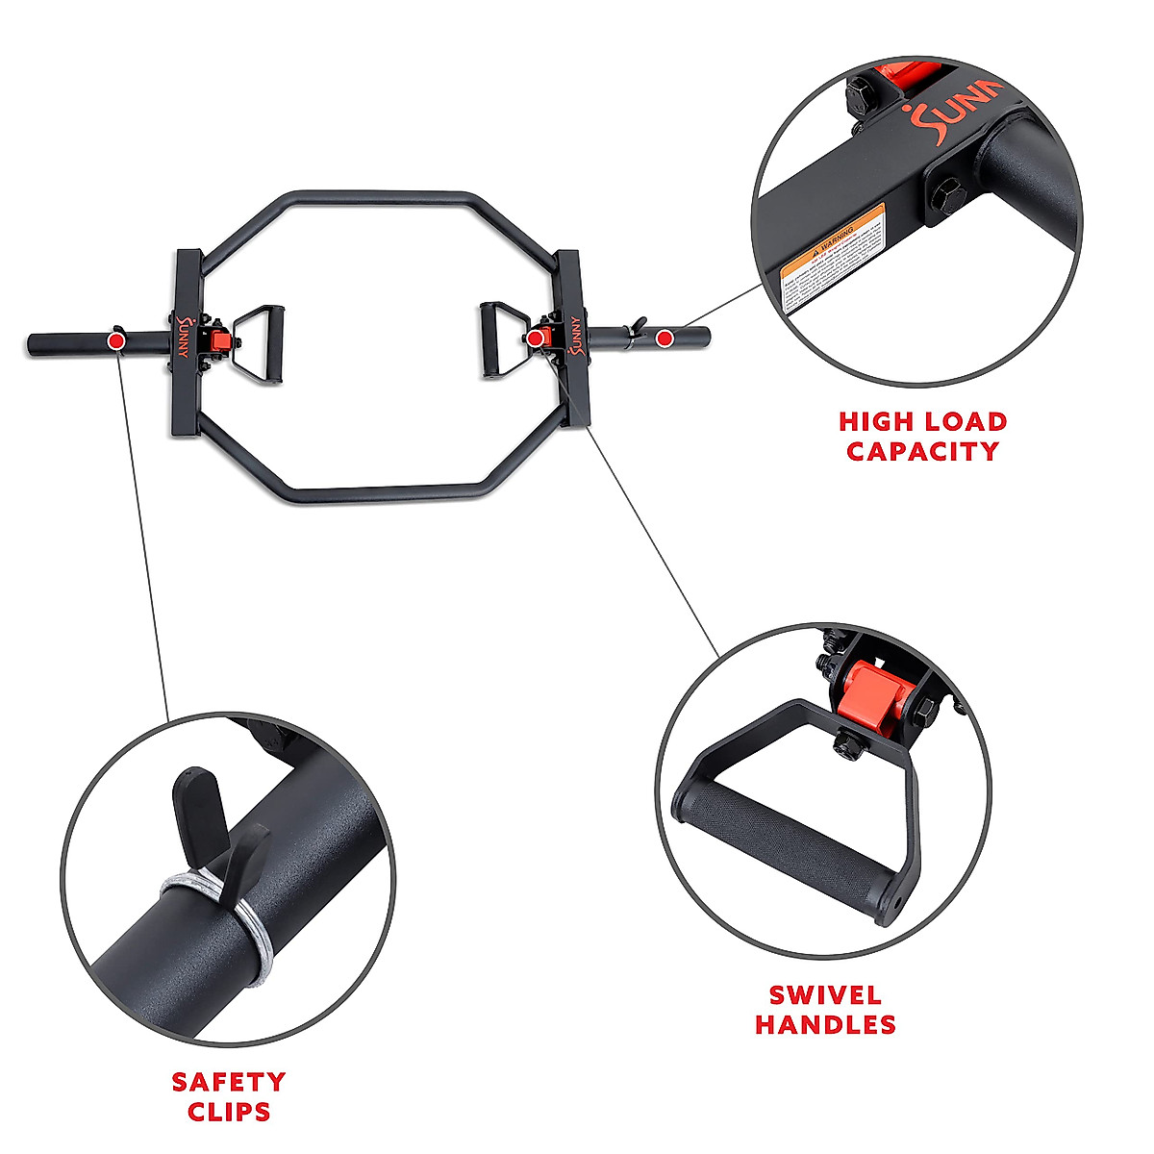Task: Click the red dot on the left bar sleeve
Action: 116,340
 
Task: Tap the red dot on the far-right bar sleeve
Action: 665,339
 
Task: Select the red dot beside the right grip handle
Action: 534,339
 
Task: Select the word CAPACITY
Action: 923,451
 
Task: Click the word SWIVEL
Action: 826,995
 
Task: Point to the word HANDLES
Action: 825,1025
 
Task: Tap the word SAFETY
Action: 229,1082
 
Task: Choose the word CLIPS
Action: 229,1112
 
